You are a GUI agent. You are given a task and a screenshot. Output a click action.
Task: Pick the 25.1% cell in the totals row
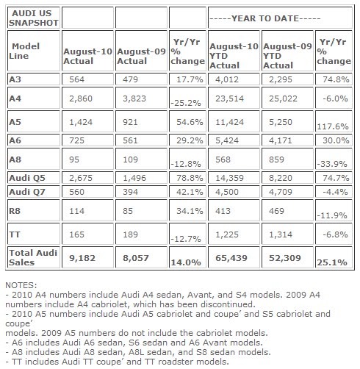pyautogui.click(x=332, y=261)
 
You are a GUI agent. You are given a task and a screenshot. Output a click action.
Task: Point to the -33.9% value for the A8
pyautogui.click(x=332, y=163)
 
